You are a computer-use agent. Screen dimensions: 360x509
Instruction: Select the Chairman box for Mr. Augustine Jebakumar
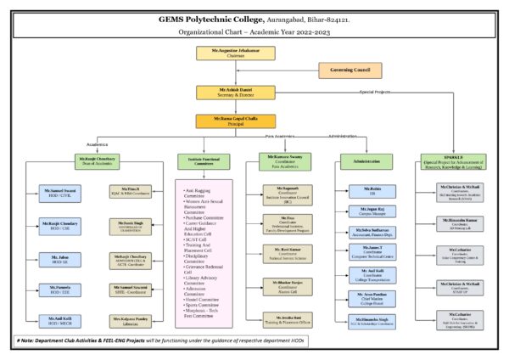pyautogui.click(x=223, y=53)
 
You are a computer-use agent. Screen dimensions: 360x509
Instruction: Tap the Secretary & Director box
pyautogui.click(x=223, y=92)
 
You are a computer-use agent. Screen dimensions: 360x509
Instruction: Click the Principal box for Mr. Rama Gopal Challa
pyautogui.click(x=223, y=121)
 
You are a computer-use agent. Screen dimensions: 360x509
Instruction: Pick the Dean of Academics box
pyautogui.click(x=98, y=160)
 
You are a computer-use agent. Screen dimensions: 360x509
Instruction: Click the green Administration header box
pyautogui.click(x=365, y=160)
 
